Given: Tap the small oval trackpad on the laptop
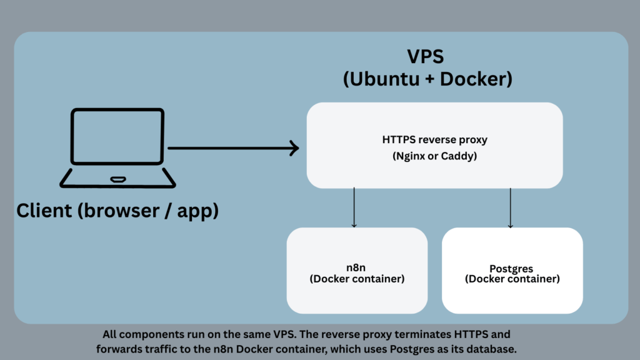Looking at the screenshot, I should [117, 180].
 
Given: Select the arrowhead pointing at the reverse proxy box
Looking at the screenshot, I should [294, 149].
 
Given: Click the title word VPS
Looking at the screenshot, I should [426, 57].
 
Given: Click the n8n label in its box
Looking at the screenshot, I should [357, 268].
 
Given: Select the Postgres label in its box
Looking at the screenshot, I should [512, 269].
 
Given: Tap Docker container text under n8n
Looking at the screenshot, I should [357, 279].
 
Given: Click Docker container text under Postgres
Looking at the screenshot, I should [512, 279].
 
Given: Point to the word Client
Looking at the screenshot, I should [44, 211].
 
